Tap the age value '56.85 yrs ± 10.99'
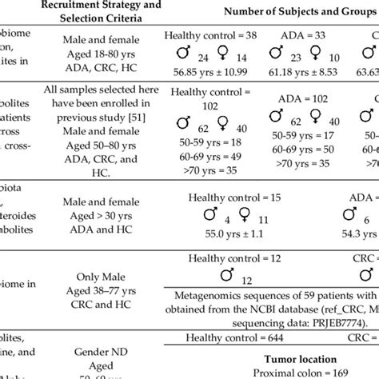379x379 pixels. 206,73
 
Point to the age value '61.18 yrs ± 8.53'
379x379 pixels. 304,73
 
